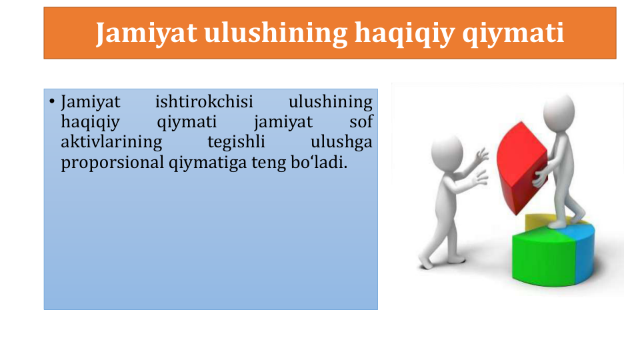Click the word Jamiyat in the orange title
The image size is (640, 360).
(146, 33)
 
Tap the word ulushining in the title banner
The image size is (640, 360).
(275, 33)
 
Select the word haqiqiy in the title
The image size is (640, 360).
(404, 34)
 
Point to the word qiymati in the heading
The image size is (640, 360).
(513, 34)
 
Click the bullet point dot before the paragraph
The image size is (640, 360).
(52, 101)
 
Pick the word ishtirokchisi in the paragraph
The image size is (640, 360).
(204, 101)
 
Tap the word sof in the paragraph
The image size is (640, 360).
(361, 121)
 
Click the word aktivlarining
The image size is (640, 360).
(111, 143)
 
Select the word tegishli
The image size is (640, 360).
(236, 143)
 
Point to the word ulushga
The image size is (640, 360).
(341, 143)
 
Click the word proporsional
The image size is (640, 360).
(112, 163)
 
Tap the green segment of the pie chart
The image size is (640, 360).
(543, 257)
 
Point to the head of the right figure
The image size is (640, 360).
(559, 112)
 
